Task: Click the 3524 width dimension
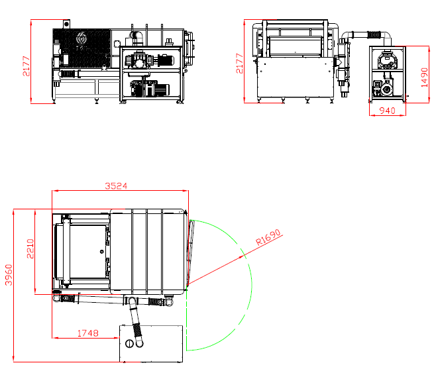(x=116, y=186)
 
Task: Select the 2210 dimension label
(x=30, y=248)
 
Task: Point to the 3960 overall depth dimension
(x=9, y=275)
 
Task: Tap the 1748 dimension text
(x=88, y=333)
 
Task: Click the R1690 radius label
(x=268, y=237)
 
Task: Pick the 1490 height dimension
(x=424, y=78)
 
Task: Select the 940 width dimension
(x=388, y=111)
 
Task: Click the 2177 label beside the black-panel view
(x=26, y=66)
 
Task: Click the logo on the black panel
(x=82, y=38)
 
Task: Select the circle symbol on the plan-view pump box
(x=129, y=344)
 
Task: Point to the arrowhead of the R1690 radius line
(x=242, y=258)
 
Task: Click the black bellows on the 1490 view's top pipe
(x=374, y=34)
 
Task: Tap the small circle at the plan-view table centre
(x=101, y=252)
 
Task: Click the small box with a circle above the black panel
(x=66, y=24)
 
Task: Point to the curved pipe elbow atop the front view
(x=137, y=36)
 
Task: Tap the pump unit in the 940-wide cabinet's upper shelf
(x=387, y=60)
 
